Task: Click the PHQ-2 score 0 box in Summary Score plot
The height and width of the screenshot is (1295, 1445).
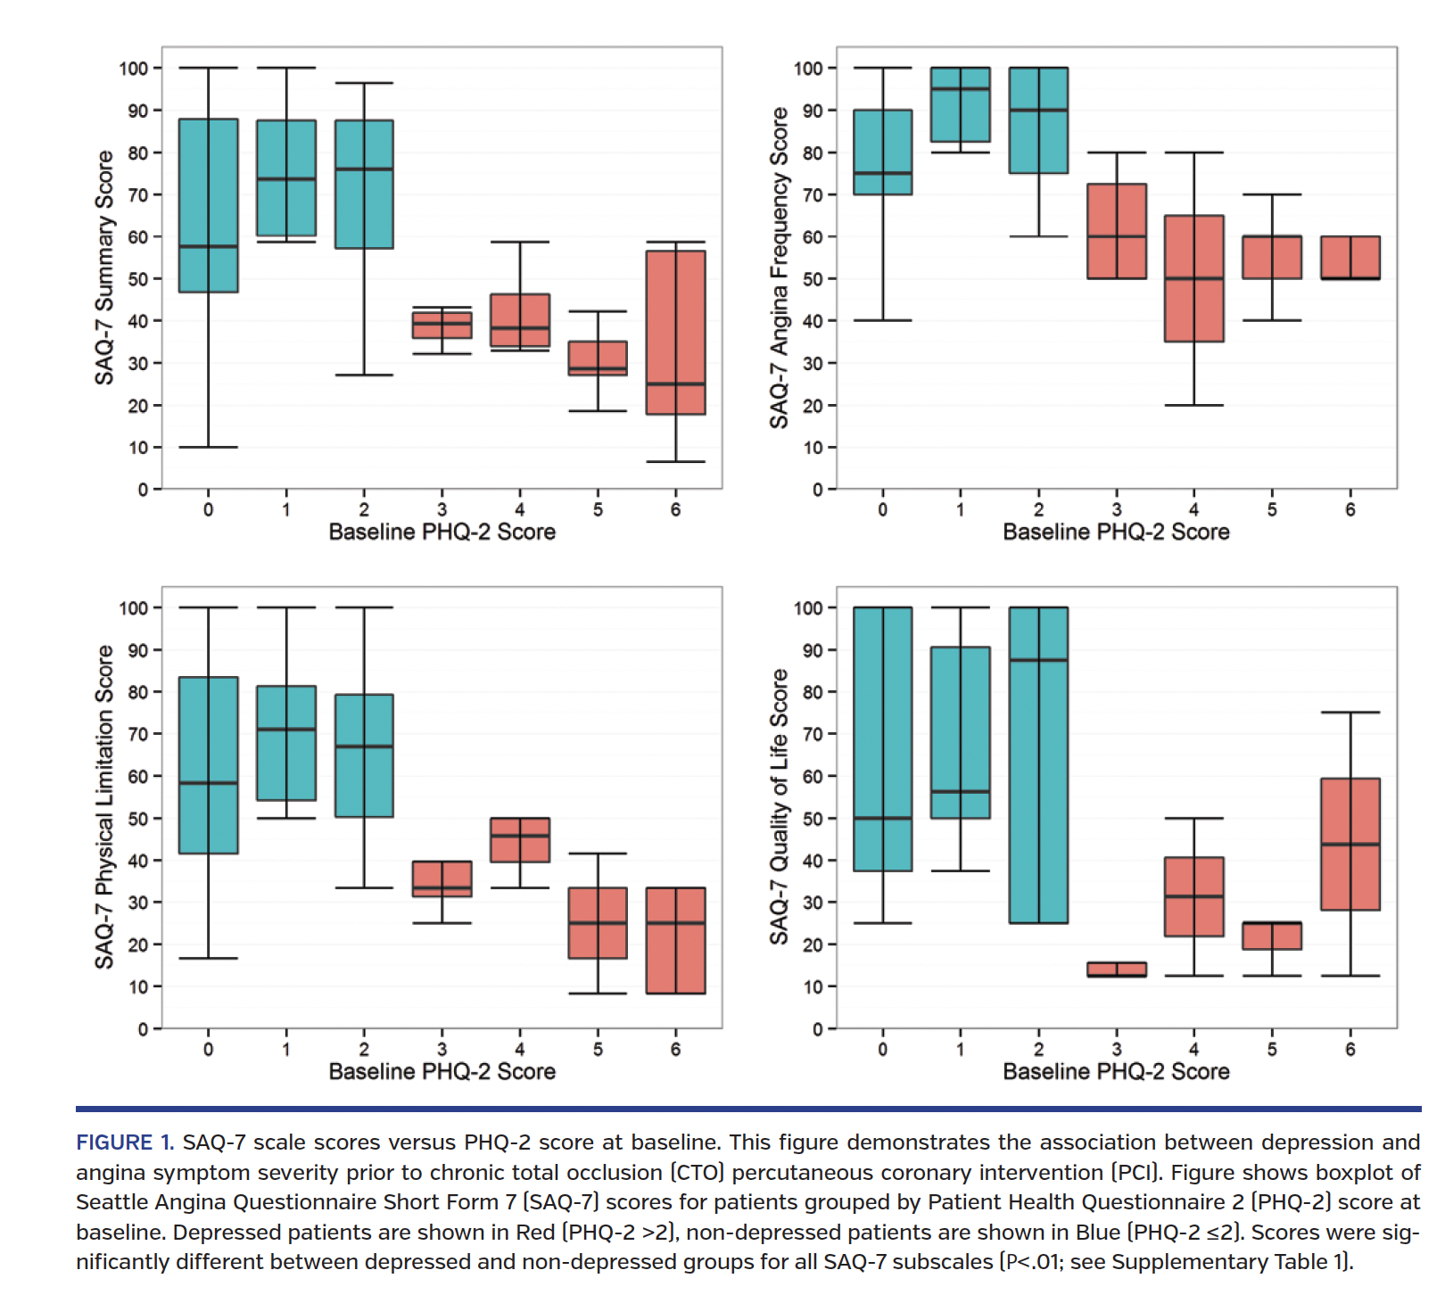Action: pos(208,205)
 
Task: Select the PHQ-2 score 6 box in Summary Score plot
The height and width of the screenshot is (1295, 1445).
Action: pos(675,332)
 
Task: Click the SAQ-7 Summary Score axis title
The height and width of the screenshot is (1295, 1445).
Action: pos(104,268)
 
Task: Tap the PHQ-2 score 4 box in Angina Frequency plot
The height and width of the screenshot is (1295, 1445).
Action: pos(1193,278)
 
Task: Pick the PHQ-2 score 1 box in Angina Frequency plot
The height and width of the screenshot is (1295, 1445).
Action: pos(960,104)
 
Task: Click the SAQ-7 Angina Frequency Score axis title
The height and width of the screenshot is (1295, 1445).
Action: pos(779,268)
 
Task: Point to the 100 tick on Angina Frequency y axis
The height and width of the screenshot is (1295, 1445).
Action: pos(808,69)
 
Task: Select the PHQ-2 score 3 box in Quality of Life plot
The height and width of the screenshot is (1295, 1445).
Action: pos(1116,969)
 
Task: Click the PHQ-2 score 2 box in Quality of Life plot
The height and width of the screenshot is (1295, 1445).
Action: pos(1038,764)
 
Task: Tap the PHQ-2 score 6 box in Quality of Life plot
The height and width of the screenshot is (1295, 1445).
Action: pos(1350,844)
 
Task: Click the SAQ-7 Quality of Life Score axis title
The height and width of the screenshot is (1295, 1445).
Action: pos(779,807)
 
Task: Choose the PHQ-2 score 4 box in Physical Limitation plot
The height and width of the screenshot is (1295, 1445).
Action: pos(520,839)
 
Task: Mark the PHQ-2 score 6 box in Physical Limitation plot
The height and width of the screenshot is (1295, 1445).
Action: pos(675,940)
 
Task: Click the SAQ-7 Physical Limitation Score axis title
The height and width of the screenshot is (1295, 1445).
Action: pos(104,807)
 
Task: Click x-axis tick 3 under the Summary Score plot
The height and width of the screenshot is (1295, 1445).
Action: pos(442,509)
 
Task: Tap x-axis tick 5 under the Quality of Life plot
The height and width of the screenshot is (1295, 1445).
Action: pos(1272,1050)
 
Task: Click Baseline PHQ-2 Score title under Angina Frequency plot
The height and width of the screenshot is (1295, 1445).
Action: pos(1116,532)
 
